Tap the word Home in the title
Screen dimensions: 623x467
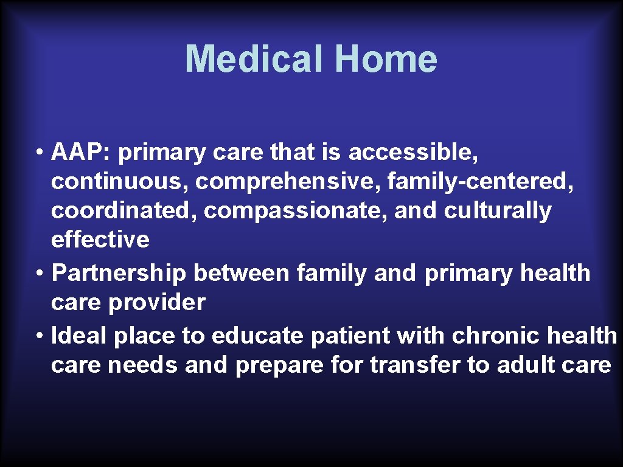tap(386, 58)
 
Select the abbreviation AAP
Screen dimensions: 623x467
tap(78, 152)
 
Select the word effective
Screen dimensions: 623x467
tap(100, 240)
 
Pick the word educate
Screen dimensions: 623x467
tap(257, 336)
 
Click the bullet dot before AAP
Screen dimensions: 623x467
tap(40, 153)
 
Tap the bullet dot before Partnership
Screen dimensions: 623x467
tap(40, 273)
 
